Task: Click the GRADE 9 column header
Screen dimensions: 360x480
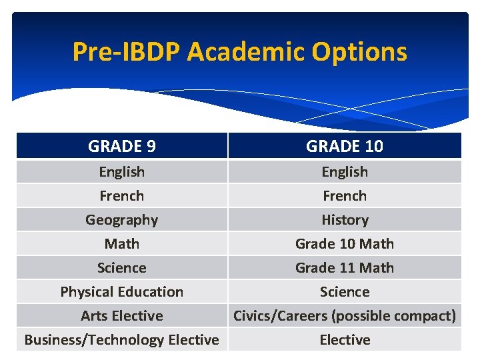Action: click(122, 146)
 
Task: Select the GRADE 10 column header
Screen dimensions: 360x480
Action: click(345, 146)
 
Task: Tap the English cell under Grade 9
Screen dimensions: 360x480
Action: click(122, 171)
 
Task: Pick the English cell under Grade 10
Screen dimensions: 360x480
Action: click(345, 171)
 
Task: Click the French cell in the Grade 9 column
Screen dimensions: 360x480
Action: click(122, 195)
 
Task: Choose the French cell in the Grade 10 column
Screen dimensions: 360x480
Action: click(345, 195)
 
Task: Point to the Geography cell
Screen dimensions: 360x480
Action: click(122, 219)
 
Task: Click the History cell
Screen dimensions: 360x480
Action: click(345, 219)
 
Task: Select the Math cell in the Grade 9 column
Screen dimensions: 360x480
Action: click(122, 243)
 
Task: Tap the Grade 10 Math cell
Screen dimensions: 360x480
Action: click(345, 243)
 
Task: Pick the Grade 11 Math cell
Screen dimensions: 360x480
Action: click(345, 267)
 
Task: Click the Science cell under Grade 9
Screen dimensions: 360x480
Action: click(122, 267)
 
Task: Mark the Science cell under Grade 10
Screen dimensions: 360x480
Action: click(345, 291)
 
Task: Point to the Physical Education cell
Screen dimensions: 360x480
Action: click(122, 291)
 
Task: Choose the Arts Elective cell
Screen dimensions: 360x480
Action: click(122, 315)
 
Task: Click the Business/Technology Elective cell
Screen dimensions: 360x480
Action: click(122, 339)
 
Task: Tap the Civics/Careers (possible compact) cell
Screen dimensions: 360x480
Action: click(345, 315)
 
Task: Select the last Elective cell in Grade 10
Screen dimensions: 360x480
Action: click(345, 339)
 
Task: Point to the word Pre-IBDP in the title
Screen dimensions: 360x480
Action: click(127, 51)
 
